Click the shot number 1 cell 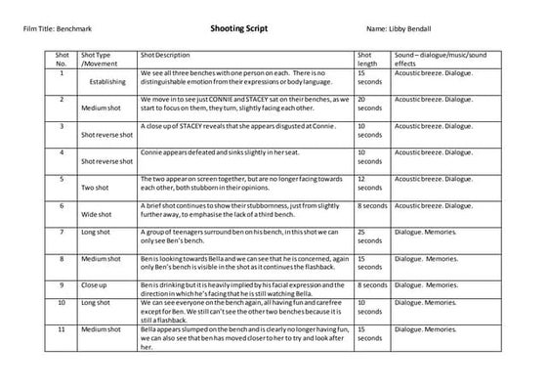click(x=63, y=72)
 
